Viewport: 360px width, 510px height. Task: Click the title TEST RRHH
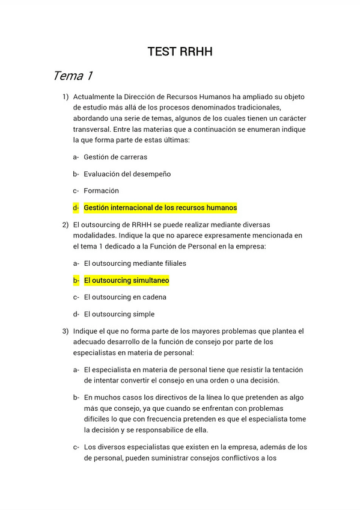coord(180,52)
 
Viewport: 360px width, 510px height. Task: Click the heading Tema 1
coord(72,76)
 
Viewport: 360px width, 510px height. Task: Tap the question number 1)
coord(66,97)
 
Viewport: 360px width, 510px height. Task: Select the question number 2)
coord(66,225)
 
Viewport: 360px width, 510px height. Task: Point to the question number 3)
coord(66,331)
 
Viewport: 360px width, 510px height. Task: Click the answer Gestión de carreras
coord(115,157)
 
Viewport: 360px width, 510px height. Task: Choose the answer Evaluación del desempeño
coord(127,174)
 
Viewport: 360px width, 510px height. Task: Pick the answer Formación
coord(102,191)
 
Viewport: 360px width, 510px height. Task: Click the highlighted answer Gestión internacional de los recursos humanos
coord(160,208)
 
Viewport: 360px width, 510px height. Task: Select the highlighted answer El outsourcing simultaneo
coord(126,280)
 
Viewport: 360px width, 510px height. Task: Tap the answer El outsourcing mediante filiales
coord(135,263)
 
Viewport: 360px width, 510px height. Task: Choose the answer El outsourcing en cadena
coord(125,297)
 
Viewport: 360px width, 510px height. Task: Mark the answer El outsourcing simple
coord(119,314)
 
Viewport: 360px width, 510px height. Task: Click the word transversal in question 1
coord(94,129)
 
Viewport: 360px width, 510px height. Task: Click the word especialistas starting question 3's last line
coord(96,352)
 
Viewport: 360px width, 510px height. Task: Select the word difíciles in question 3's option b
coord(99,419)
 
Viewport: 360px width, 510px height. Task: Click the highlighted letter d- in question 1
coord(76,208)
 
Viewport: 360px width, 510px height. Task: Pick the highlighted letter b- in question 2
coord(76,280)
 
